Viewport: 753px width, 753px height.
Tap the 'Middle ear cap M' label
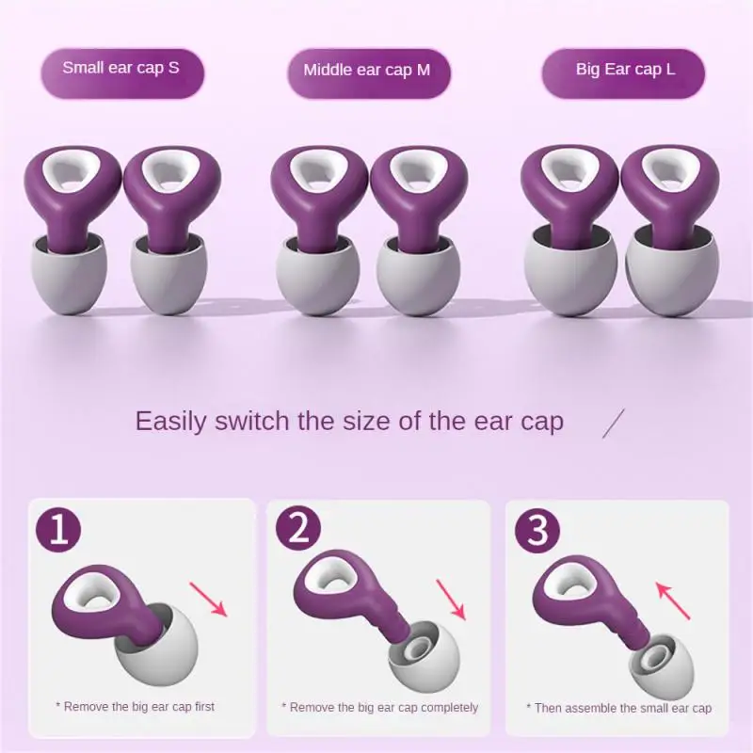(367, 70)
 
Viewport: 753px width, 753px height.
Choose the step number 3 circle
(537, 531)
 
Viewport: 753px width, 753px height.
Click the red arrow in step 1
(209, 599)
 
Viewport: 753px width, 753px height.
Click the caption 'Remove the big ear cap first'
(141, 706)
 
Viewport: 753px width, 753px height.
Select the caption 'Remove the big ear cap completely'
(379, 707)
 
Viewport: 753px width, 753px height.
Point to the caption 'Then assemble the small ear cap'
(618, 708)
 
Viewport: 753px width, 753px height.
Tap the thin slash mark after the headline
(614, 423)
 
